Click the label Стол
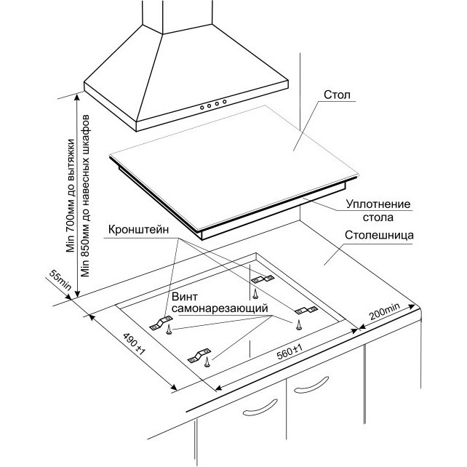[337, 95]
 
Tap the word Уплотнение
[378, 204]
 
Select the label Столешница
[379, 235]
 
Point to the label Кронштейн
[138, 230]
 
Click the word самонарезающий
[220, 308]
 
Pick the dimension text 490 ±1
[134, 343]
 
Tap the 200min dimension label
[384, 311]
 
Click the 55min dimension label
[60, 280]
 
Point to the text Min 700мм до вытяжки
[71, 196]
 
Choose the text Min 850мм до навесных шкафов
[85, 196]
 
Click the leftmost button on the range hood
[202, 107]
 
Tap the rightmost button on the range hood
[225, 102]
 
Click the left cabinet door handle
[260, 407]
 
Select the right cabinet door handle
[311, 385]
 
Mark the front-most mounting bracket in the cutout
[199, 356]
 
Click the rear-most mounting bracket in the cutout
[263, 279]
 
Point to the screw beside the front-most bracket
[207, 362]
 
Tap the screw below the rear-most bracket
[255, 294]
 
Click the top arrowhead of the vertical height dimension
[77, 96]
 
